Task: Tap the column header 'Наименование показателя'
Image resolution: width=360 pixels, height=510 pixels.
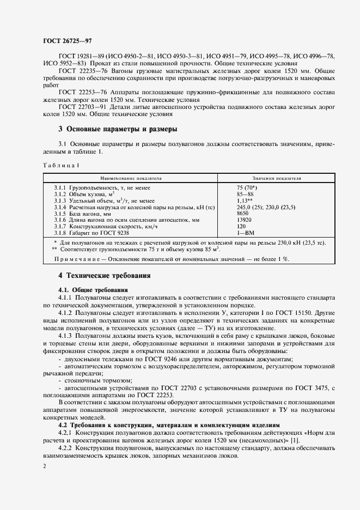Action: point(131,178)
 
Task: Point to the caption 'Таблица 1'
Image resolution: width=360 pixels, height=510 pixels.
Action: point(60,165)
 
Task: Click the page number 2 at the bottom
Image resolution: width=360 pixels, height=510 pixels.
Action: point(45,467)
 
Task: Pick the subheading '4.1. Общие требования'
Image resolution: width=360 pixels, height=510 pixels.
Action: point(93,290)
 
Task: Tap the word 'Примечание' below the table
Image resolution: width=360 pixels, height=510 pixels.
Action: point(76,259)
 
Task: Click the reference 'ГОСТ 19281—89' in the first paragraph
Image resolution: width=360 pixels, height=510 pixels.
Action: point(81,57)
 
